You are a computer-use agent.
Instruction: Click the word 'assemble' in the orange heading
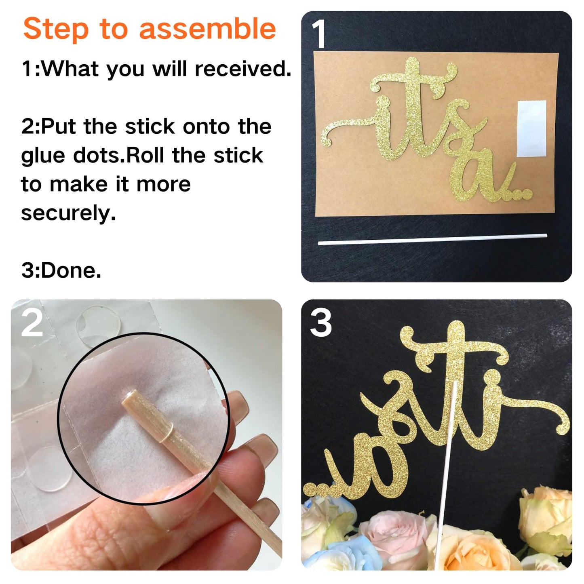pyautogui.click(x=207, y=28)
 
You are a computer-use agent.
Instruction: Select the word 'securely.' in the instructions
pyautogui.click(x=68, y=213)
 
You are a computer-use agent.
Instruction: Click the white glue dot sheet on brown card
pyautogui.click(x=531, y=129)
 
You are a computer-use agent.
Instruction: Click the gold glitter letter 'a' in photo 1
pyautogui.click(x=473, y=182)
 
